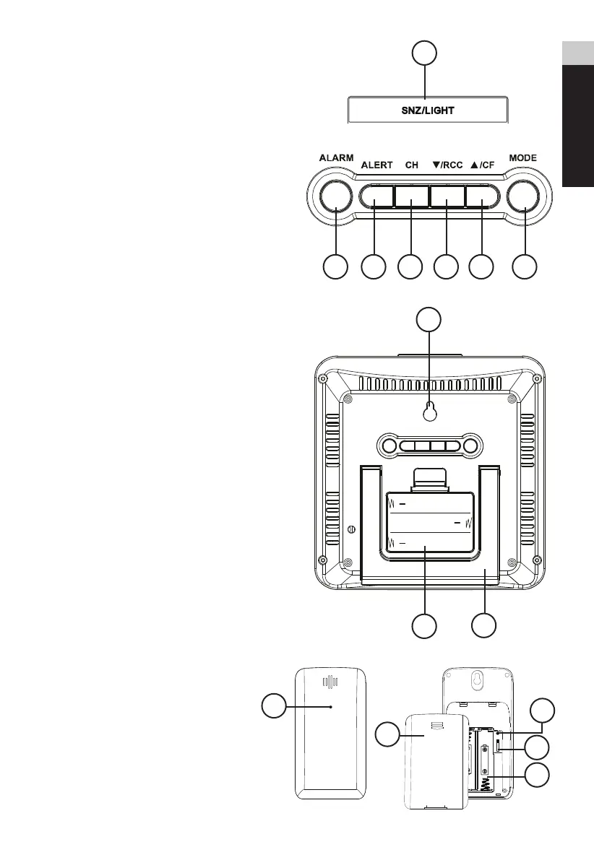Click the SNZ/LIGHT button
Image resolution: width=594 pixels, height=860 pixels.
point(428,110)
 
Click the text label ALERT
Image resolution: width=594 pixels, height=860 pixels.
point(376,165)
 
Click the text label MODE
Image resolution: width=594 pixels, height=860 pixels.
point(523,157)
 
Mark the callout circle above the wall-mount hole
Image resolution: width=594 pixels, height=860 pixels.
point(429,318)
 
